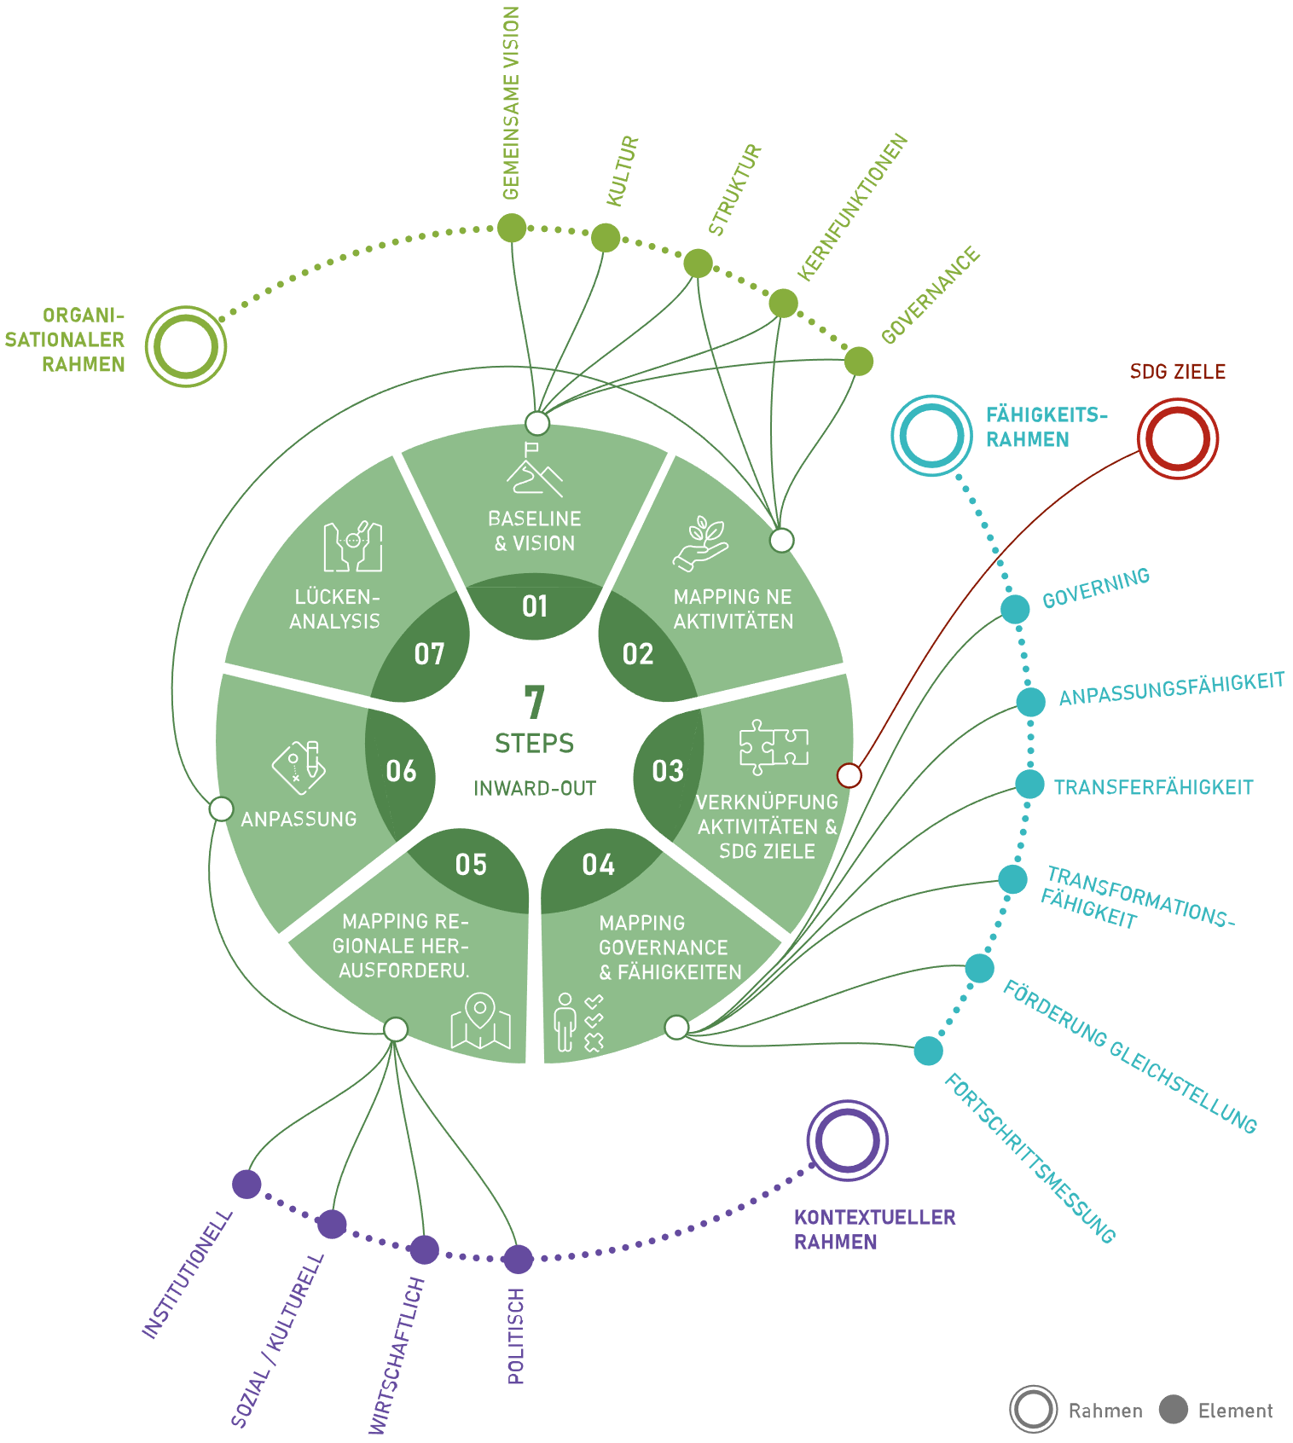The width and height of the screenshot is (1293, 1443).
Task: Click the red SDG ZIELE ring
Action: click(1178, 438)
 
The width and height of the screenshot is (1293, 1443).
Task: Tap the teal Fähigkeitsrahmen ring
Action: click(931, 435)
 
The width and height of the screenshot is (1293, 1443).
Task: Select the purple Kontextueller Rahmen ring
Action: click(847, 1140)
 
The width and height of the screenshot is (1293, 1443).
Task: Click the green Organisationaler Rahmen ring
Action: click(186, 346)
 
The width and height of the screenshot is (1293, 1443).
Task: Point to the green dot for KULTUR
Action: click(606, 237)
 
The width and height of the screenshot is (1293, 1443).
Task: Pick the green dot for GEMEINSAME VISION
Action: click(512, 228)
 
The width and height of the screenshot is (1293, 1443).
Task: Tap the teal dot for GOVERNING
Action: click(1015, 609)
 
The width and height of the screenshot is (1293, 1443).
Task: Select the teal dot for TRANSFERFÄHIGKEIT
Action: click(1029, 785)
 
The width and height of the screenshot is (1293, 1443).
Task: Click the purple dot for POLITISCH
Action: click(517, 1259)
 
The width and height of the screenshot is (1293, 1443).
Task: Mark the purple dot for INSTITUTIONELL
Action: click(246, 1184)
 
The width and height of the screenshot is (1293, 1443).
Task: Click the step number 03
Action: click(668, 771)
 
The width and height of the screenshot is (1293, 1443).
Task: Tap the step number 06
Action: click(401, 771)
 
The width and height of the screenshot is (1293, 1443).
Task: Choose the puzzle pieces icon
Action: click(774, 746)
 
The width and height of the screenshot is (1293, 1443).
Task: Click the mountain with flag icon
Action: click(535, 469)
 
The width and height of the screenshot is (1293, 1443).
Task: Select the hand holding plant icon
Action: click(701, 543)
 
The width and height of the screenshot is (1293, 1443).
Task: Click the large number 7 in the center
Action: click(535, 702)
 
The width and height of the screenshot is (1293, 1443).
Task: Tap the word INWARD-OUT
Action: click(535, 788)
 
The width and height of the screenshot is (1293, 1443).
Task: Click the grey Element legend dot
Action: click(1173, 1409)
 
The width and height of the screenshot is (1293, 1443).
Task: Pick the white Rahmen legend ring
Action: click(1033, 1409)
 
